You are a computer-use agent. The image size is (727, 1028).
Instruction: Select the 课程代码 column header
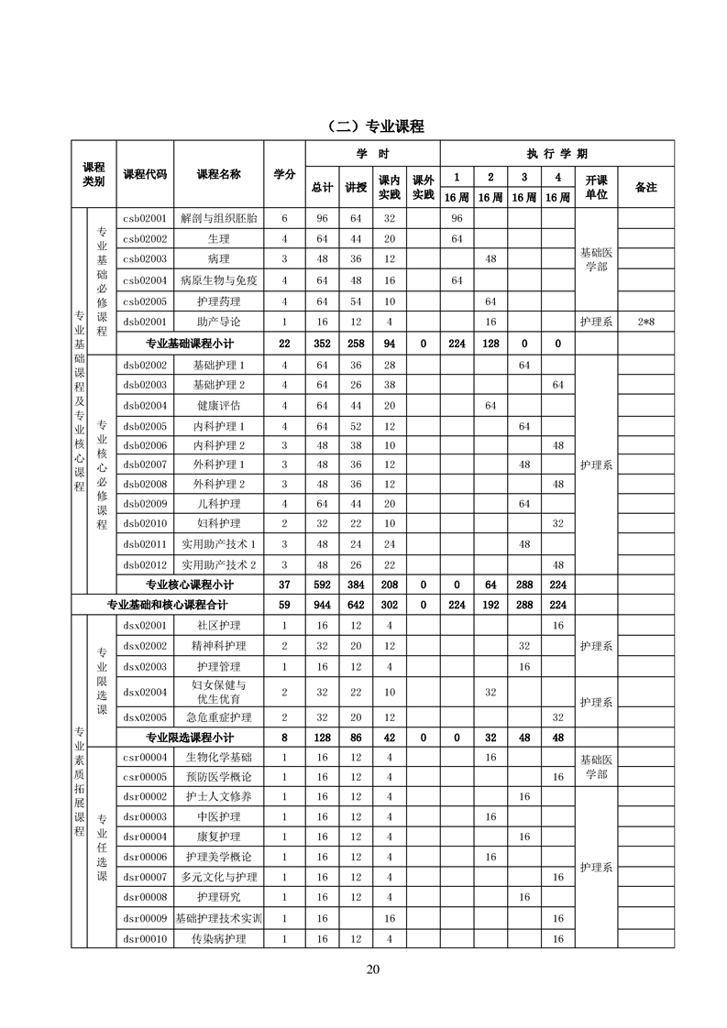click(x=145, y=174)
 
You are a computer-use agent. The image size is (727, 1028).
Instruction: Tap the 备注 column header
click(x=645, y=187)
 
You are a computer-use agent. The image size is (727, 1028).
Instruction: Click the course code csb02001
click(x=145, y=219)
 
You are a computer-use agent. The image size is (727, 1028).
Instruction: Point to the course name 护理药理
click(x=218, y=301)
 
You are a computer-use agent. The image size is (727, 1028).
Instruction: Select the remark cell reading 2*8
click(x=645, y=322)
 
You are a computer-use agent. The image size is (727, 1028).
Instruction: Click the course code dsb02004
click(x=145, y=405)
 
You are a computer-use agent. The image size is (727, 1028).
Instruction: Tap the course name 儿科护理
click(x=218, y=504)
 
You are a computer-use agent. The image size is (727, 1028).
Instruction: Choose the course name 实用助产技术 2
click(x=218, y=564)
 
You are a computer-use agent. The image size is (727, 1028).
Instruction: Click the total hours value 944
click(x=322, y=605)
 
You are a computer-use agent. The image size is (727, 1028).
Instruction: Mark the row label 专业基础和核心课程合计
click(x=167, y=605)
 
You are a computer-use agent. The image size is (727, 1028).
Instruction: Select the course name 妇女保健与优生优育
click(x=218, y=692)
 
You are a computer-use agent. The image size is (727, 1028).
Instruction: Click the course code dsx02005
click(x=145, y=717)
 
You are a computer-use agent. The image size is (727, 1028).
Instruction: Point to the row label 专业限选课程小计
click(x=190, y=738)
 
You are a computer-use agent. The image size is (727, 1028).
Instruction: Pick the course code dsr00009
click(x=145, y=918)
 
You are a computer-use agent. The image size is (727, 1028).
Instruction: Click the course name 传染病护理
click(x=218, y=939)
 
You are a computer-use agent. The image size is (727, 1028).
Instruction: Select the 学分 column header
click(x=284, y=174)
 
